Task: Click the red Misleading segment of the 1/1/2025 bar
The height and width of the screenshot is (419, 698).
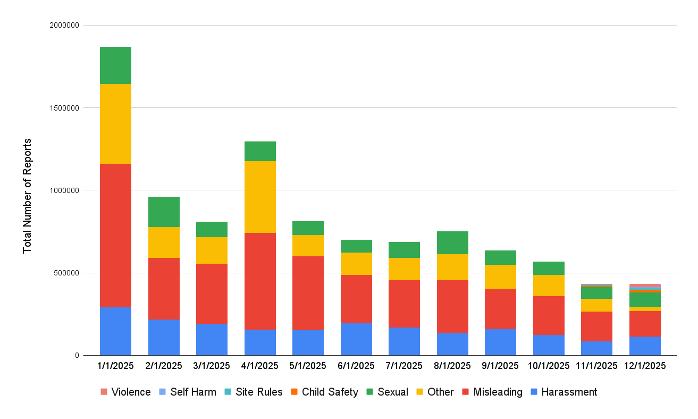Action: (x=115, y=235)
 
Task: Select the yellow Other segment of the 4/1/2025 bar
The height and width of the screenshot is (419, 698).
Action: (x=260, y=197)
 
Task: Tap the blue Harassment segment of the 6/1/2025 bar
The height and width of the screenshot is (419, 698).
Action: (x=356, y=339)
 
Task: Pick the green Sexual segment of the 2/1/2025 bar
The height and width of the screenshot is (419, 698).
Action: (x=164, y=212)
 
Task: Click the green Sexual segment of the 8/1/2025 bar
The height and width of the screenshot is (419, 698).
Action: (x=452, y=242)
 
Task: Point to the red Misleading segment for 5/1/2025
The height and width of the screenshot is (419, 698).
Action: (x=308, y=293)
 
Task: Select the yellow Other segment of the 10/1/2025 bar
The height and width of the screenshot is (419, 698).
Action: (x=549, y=286)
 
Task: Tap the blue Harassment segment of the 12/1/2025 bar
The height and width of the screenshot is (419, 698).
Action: (x=645, y=346)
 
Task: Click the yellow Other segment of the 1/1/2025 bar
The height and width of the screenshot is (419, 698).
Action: (x=115, y=123)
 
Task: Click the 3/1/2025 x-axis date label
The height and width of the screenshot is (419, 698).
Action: (x=212, y=366)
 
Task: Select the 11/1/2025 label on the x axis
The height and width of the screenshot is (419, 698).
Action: (x=596, y=366)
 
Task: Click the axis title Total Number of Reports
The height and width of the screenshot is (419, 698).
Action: (x=27, y=196)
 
